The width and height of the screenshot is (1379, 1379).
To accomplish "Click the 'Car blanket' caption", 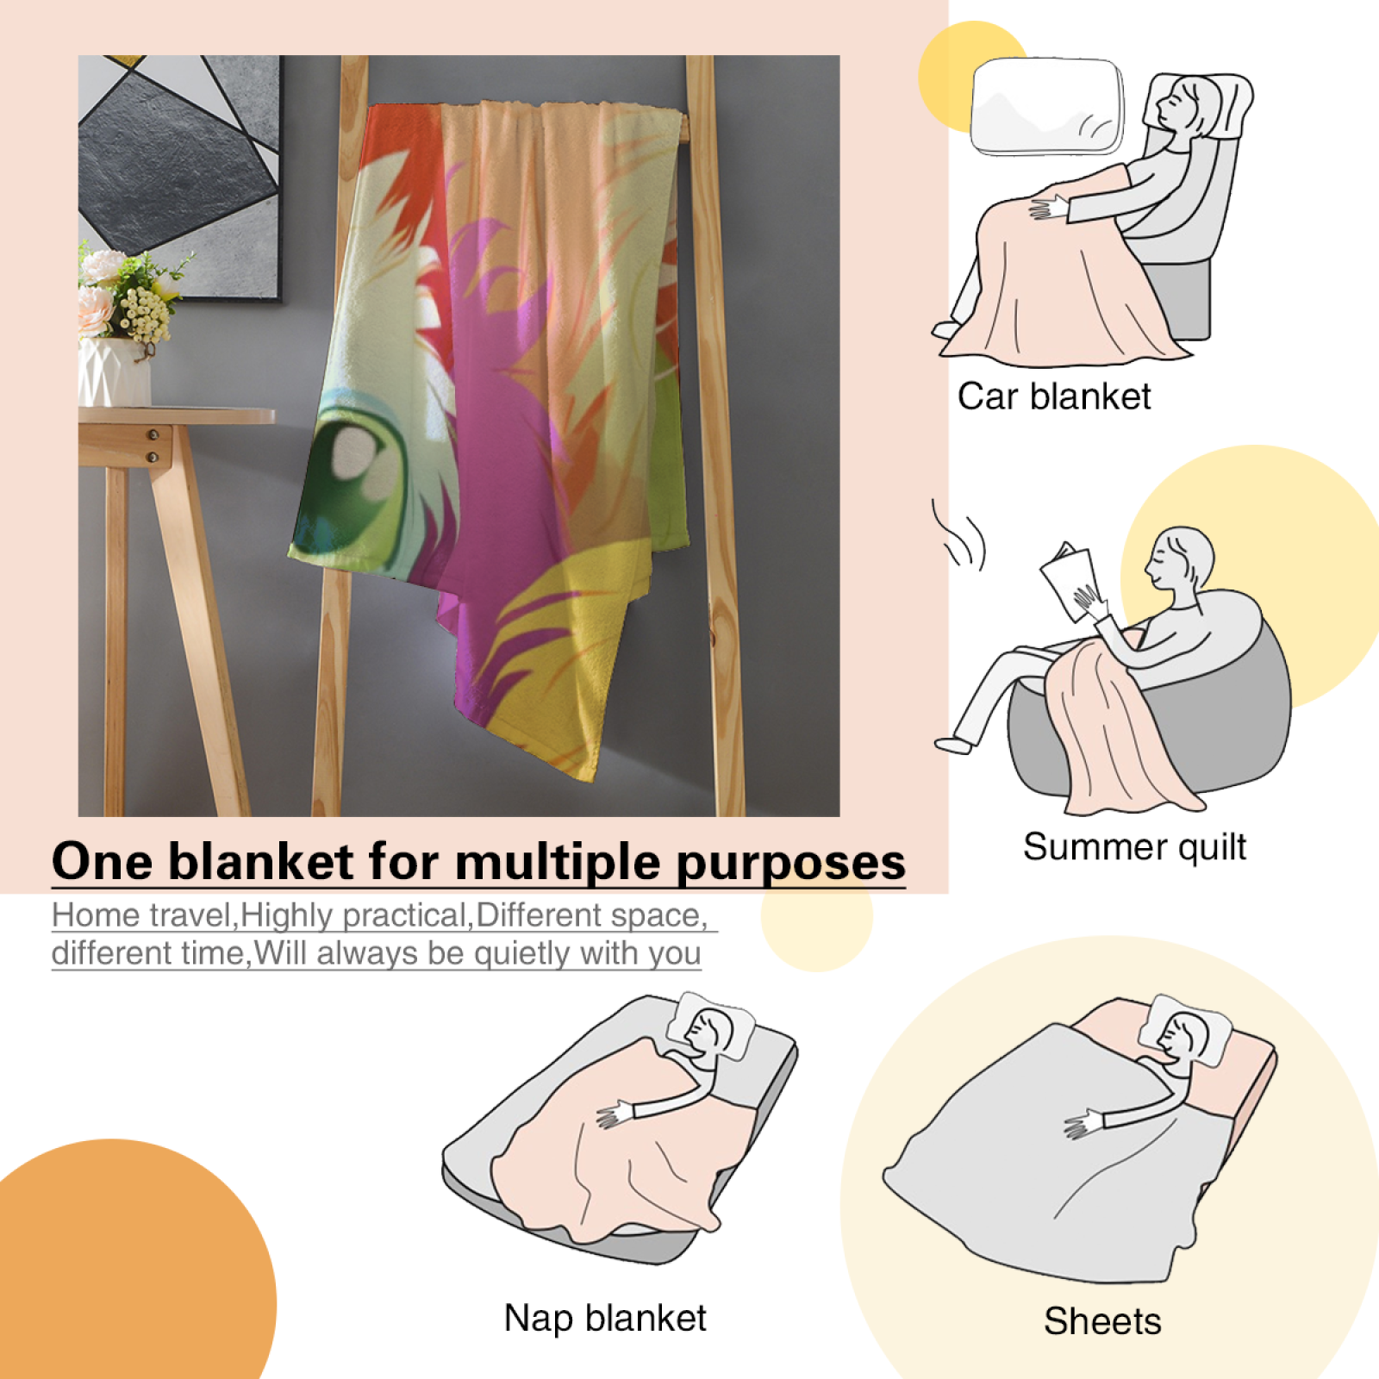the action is click(1054, 396).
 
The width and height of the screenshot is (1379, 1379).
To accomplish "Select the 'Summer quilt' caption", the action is click(1134, 847).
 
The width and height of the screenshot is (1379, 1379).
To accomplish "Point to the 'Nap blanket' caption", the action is click(605, 1318).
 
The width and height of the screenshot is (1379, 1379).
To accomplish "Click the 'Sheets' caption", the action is click(1102, 1321).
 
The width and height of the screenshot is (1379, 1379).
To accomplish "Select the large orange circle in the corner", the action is click(129, 1259).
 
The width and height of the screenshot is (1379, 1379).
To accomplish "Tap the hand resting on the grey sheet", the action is click(1083, 1124).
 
